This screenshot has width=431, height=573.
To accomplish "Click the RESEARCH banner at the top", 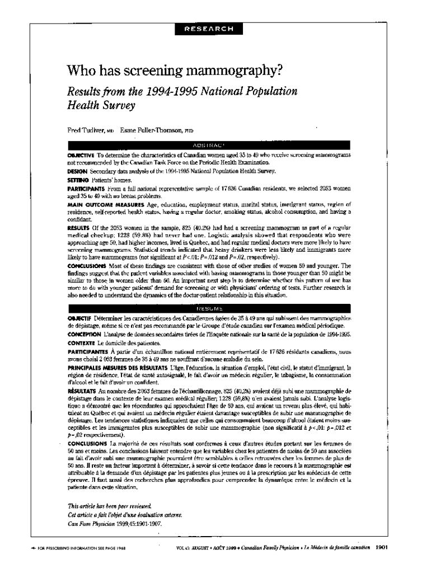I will [208, 29].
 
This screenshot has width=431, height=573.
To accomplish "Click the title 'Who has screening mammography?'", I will [175, 71].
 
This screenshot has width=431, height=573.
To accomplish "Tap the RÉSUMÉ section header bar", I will [208, 307].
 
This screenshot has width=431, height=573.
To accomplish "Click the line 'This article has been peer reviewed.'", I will [104, 505].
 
